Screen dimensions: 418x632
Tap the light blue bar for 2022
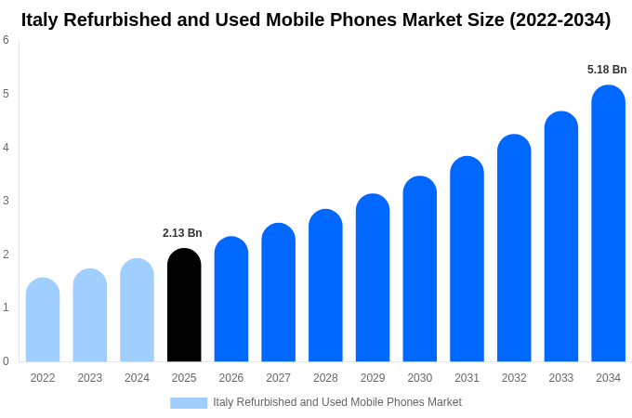tap(43, 320)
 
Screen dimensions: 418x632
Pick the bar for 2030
tap(419, 268)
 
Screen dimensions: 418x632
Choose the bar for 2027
tap(278, 293)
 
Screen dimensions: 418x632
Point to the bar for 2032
tap(514, 248)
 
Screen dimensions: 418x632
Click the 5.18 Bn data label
tap(607, 70)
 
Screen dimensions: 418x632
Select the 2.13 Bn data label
tap(182, 233)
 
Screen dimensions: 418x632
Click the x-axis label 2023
tap(90, 378)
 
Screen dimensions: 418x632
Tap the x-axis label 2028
tap(325, 378)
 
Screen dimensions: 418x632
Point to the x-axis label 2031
tap(467, 378)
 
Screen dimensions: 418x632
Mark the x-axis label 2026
tap(231, 378)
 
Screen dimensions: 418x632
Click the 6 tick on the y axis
tap(6, 40)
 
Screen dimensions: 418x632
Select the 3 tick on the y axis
tap(6, 201)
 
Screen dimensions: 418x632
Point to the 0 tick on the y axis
tap(6, 361)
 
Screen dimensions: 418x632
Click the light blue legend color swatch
tap(189, 402)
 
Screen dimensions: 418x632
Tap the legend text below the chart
tap(336, 402)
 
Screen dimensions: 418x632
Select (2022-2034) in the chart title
tap(560, 20)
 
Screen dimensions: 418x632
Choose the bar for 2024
tap(137, 310)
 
